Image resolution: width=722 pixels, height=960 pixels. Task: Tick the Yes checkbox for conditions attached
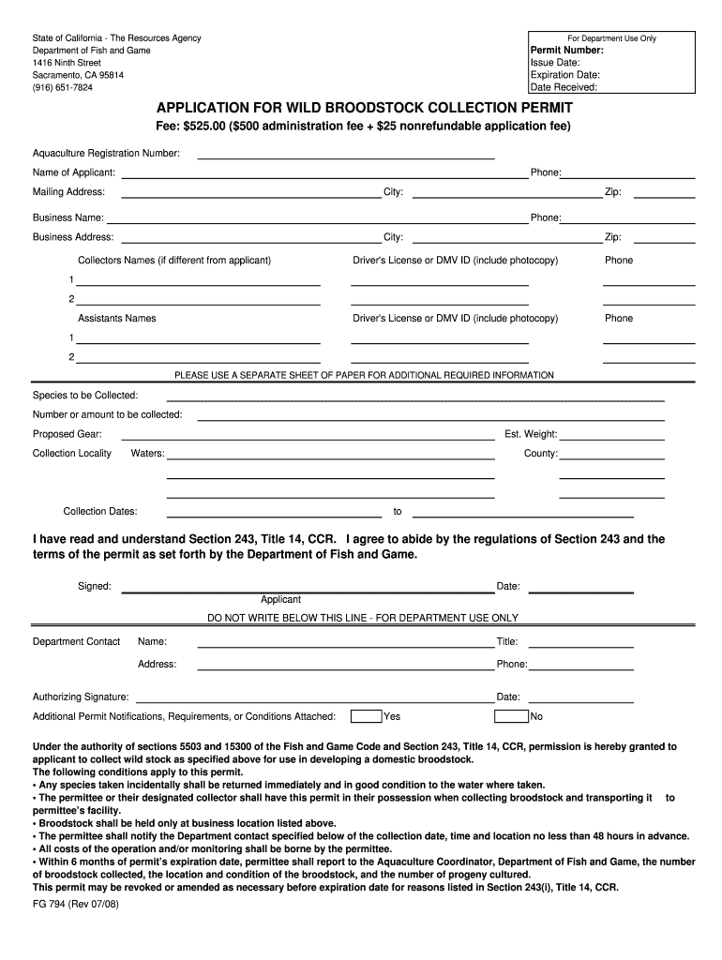[366, 716]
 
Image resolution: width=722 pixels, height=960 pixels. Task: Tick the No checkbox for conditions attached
[511, 716]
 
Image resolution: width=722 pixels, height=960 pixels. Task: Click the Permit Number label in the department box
[566, 51]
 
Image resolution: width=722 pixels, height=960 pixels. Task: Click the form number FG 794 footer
[76, 906]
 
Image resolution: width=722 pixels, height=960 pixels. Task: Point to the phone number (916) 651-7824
[63, 87]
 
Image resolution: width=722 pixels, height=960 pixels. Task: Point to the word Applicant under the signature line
[280, 600]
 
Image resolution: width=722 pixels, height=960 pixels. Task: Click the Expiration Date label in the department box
[564, 75]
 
